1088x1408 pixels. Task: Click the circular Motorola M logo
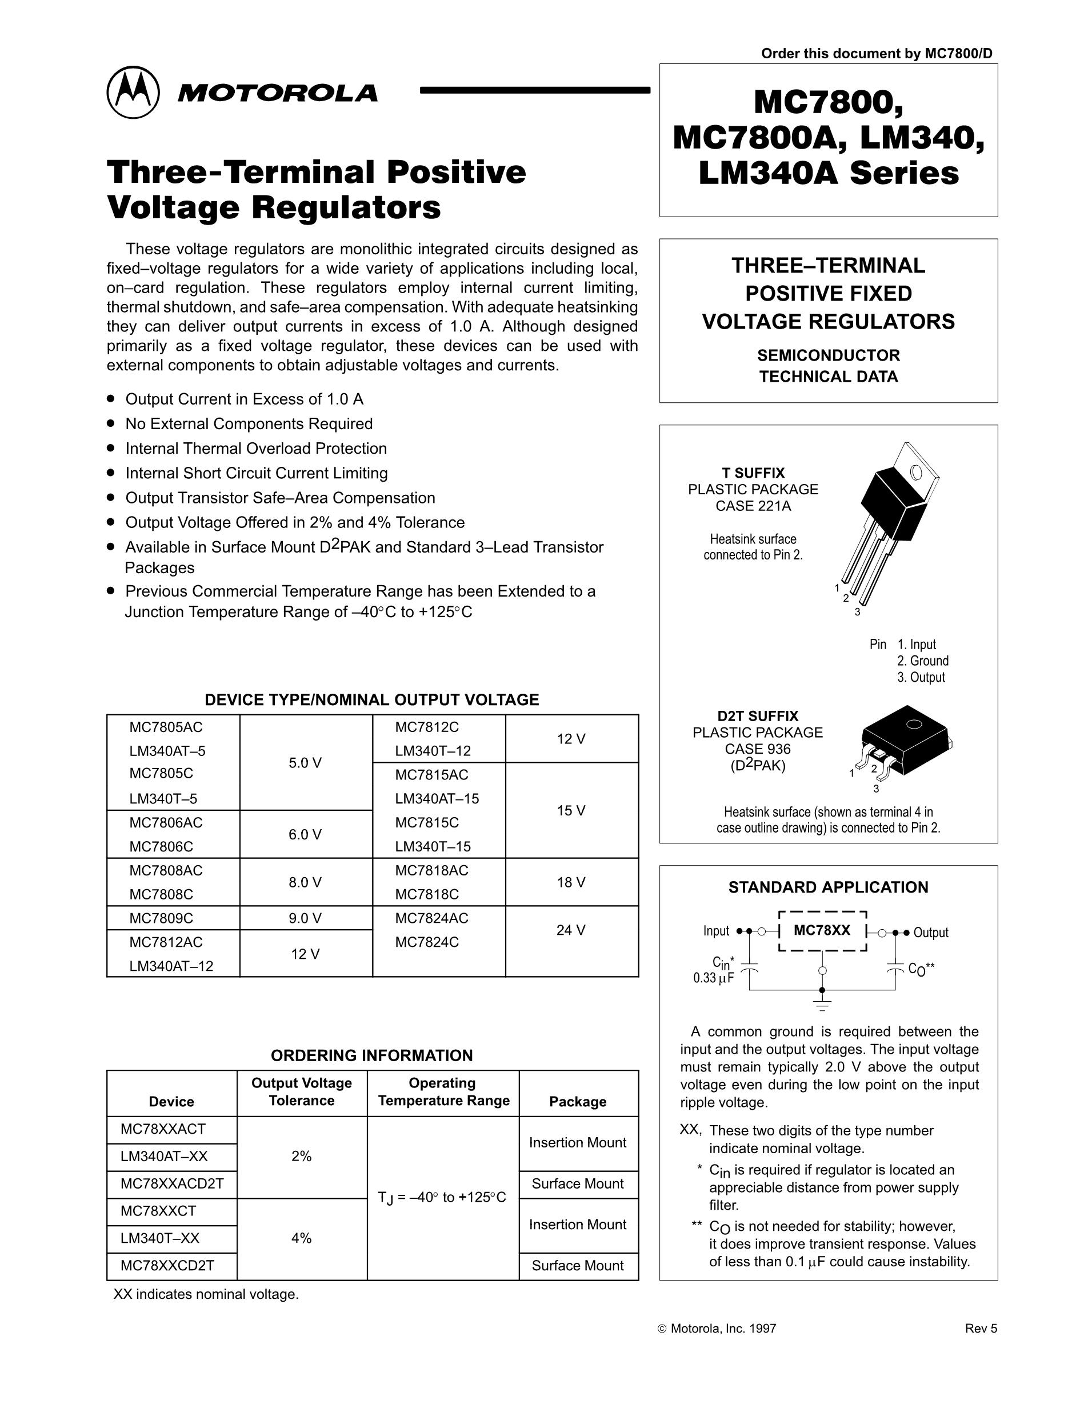click(x=133, y=92)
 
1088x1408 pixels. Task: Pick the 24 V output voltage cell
click(x=571, y=930)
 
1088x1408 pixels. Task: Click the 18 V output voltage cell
click(x=571, y=882)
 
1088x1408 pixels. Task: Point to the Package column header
click(x=578, y=1101)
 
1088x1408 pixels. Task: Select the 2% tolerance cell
click(x=302, y=1156)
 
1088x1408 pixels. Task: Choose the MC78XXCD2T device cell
click(x=167, y=1265)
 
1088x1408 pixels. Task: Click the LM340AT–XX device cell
click(x=165, y=1156)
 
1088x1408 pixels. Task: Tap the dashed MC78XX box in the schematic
click(x=822, y=931)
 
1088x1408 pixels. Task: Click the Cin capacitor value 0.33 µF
click(x=714, y=978)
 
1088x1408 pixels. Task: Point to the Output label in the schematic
click(x=931, y=932)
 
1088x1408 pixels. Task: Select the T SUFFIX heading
click(x=753, y=473)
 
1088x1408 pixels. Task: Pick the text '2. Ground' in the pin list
click(x=922, y=661)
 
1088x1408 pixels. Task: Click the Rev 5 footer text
click(x=981, y=1328)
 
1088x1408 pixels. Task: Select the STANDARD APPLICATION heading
click(x=828, y=887)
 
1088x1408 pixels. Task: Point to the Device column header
click(x=171, y=1101)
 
